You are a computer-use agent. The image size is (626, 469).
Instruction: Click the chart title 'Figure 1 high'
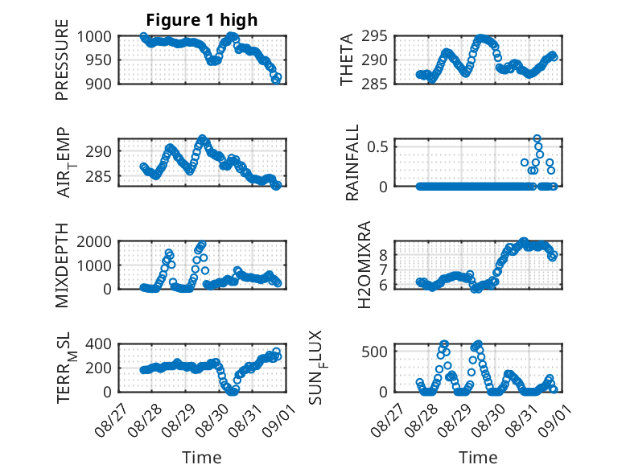pyautogui.click(x=202, y=20)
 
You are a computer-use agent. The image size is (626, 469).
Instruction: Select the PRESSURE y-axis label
pyautogui.click(x=62, y=60)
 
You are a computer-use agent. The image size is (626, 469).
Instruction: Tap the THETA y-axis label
pyautogui.click(x=347, y=60)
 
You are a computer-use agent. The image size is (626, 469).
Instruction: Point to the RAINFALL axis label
pyautogui.click(x=352, y=163)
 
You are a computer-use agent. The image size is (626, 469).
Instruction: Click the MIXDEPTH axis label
pyautogui.click(x=62, y=265)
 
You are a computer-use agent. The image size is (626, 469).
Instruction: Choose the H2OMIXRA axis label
pyautogui.click(x=364, y=265)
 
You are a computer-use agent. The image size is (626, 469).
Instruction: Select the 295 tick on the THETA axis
pyautogui.click(x=374, y=36)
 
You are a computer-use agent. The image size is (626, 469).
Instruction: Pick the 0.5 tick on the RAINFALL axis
pyautogui.click(x=377, y=146)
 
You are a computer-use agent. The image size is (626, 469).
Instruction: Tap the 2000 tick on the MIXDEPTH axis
pyautogui.click(x=94, y=241)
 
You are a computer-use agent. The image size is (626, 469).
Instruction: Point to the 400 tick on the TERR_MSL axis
pyautogui.click(x=99, y=344)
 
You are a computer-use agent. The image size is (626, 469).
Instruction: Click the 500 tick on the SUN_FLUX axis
pyautogui.click(x=374, y=352)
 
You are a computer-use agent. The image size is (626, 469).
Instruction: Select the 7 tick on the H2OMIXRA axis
pyautogui.click(x=384, y=270)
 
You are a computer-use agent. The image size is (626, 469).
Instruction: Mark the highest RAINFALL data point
pyautogui.click(x=537, y=138)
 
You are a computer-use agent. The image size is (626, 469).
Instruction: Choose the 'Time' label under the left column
pyautogui.click(x=202, y=457)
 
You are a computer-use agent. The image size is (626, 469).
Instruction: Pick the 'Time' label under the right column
pyautogui.click(x=478, y=457)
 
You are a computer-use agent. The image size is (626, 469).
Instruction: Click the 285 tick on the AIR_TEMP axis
pyautogui.click(x=99, y=176)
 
